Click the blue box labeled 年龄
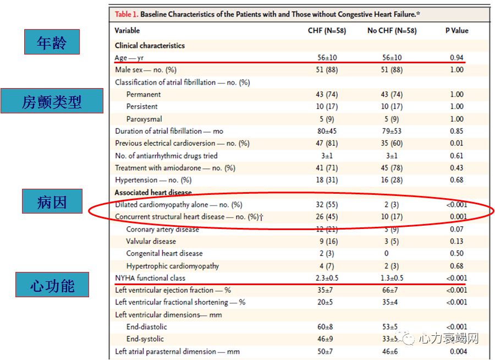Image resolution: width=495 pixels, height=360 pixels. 52,42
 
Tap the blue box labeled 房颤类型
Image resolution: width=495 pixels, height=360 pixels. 52,101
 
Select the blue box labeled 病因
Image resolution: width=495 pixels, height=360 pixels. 52,201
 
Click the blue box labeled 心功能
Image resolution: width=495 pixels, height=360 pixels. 52,285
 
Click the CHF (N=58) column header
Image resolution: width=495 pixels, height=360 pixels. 327,31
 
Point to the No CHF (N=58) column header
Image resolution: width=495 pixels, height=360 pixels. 392,31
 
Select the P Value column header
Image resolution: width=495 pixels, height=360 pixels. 457,31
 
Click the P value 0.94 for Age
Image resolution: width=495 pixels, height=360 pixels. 457,57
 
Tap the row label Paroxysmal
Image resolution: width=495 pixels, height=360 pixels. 144,119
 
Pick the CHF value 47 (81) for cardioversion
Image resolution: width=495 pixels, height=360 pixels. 327,143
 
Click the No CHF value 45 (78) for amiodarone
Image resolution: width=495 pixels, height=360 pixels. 392,168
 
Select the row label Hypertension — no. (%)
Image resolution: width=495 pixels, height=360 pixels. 153,180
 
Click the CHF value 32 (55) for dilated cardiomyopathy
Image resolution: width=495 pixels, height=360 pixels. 327,205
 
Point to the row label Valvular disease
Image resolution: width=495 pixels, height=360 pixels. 151,241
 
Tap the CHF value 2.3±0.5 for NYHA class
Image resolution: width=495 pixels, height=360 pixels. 327,278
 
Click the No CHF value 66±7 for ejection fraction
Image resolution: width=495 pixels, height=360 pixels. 392,290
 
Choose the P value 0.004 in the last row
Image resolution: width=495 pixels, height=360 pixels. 457,351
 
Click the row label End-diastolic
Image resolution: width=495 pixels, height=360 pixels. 146,326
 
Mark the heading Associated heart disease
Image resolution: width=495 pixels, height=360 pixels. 153,193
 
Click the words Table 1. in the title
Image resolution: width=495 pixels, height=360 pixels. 126,14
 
